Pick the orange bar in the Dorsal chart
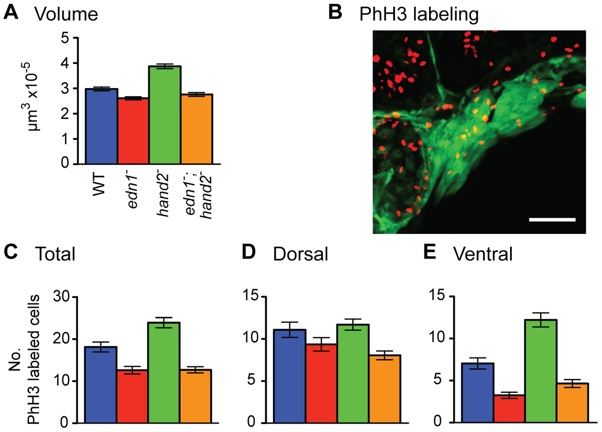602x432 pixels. [384, 389]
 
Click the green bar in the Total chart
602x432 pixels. [164, 372]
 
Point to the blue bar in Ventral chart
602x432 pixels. [478, 393]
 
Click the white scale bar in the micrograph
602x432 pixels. [552, 219]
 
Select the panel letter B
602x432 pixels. [335, 12]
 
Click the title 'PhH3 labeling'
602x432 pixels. [418, 14]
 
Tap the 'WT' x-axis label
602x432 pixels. [99, 185]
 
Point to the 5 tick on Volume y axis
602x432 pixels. [65, 38]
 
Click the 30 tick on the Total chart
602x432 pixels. [62, 297]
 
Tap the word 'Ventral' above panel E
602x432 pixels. [483, 254]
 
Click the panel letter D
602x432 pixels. [249, 252]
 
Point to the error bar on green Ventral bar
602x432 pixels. [541, 319]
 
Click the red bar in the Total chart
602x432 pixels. [132, 396]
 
